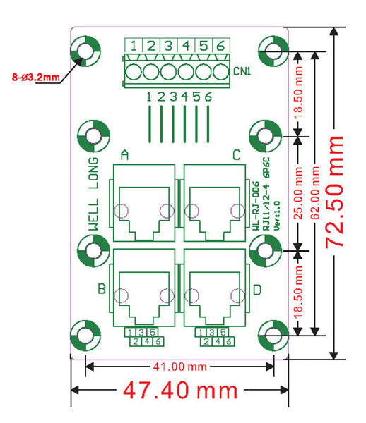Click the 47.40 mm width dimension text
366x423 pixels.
(x=180, y=390)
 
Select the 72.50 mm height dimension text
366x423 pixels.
(x=335, y=192)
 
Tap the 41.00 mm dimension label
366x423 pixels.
(x=179, y=367)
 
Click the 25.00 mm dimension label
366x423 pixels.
(x=298, y=192)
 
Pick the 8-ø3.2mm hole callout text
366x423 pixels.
(x=35, y=78)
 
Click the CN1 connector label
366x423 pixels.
(x=242, y=71)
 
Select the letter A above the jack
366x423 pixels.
(x=124, y=155)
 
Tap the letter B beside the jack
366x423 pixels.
(x=102, y=288)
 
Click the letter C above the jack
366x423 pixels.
(x=237, y=155)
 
